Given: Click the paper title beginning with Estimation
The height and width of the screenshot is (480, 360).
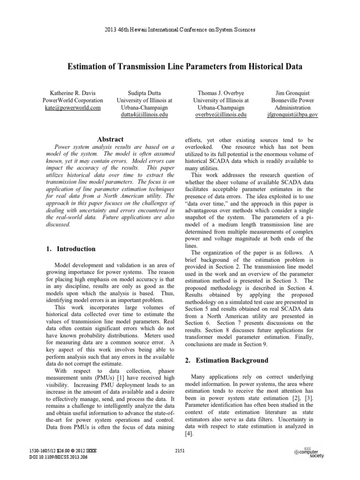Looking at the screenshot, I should (180, 67).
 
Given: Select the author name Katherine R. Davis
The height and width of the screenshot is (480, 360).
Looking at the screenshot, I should (73, 92).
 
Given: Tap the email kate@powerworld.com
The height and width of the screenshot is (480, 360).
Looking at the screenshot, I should (73, 108).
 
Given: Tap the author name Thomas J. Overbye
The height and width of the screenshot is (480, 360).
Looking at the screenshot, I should (216, 92).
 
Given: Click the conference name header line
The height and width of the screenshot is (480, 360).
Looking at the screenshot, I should (180, 30).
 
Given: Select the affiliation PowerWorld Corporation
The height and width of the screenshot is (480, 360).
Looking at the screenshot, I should (73, 100).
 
